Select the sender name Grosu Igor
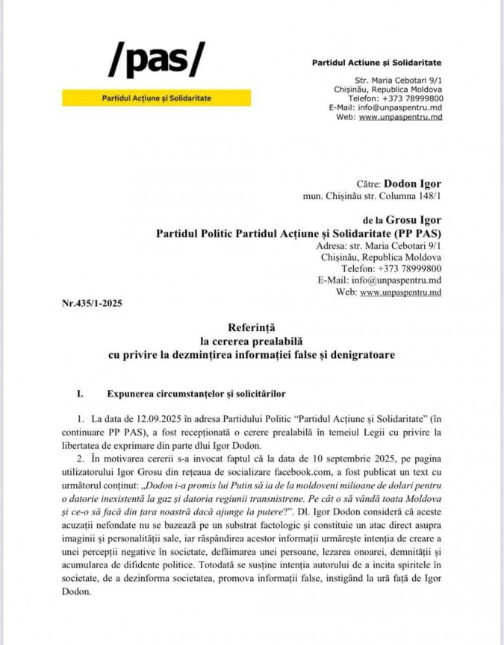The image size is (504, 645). [x=414, y=220]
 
